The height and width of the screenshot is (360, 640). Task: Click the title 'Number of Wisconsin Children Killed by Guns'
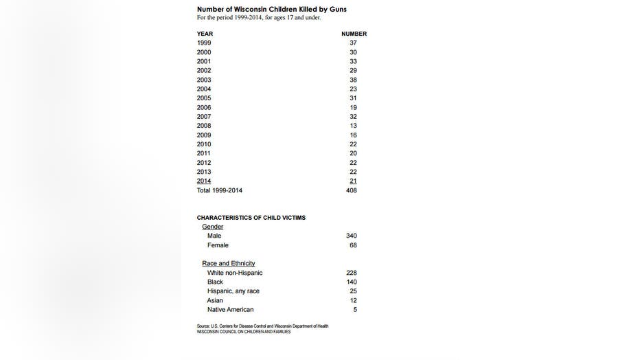click(271, 9)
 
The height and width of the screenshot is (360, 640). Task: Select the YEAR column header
click(205, 34)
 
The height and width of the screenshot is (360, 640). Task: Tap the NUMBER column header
click(354, 34)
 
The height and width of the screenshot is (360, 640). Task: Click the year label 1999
click(204, 43)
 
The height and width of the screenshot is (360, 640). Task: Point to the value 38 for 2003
click(353, 80)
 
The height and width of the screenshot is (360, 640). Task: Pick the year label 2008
click(204, 126)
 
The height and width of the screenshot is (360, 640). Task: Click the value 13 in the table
click(353, 126)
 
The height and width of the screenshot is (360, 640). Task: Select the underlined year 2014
click(204, 181)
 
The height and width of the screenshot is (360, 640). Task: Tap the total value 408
click(352, 190)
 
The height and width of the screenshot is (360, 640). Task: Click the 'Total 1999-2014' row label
click(220, 190)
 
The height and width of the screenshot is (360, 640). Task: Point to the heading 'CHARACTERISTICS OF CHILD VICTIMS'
click(251, 218)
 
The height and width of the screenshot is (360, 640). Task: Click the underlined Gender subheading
click(212, 227)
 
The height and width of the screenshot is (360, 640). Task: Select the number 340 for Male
click(352, 236)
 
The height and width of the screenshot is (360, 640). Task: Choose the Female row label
click(218, 245)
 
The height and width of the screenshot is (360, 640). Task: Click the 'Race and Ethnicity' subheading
click(229, 263)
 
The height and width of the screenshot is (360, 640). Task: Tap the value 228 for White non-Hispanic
click(352, 273)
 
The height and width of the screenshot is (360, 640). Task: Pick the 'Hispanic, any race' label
click(233, 291)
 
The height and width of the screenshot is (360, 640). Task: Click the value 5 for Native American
click(354, 310)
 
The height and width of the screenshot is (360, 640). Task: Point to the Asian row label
click(215, 300)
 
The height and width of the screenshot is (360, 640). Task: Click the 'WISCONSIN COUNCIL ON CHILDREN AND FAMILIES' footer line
click(244, 332)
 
